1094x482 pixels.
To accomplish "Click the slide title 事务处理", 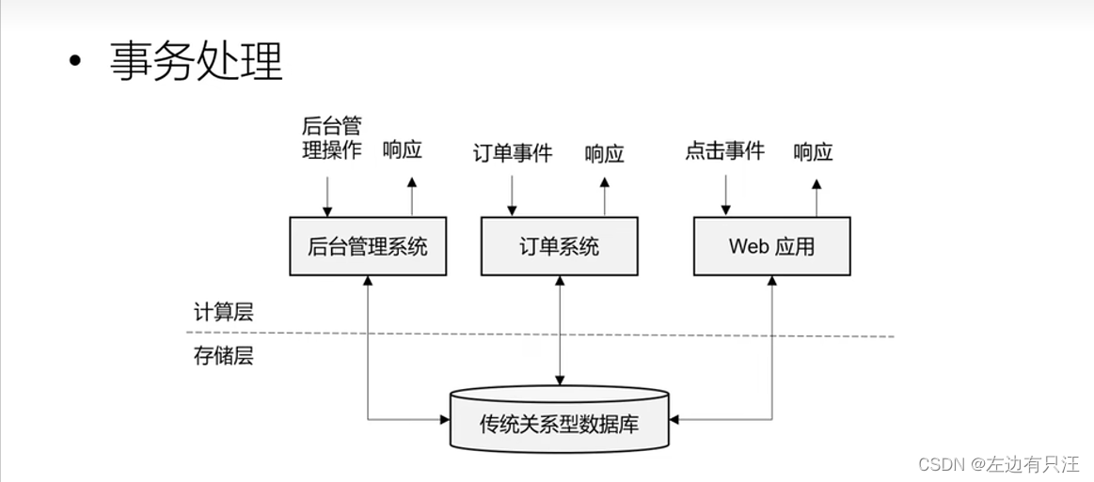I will point(197,63).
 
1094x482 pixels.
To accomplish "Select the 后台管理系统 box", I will point(368,246).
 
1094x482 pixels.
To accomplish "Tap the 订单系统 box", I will point(560,246).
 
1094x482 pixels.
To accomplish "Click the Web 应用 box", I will point(771,246).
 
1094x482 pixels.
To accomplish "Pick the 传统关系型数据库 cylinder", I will point(560,423).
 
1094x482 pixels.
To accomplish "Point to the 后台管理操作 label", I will point(331,138).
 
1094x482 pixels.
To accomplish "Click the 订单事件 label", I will point(513,152).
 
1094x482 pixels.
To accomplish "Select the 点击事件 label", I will point(724,150).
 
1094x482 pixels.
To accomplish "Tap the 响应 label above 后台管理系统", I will point(403,150).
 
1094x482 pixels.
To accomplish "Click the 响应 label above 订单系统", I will point(604,153).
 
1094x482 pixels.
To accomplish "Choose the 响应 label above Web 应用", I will point(813,151).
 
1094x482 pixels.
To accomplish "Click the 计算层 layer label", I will point(224,313).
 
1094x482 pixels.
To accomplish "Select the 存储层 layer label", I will point(224,356).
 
